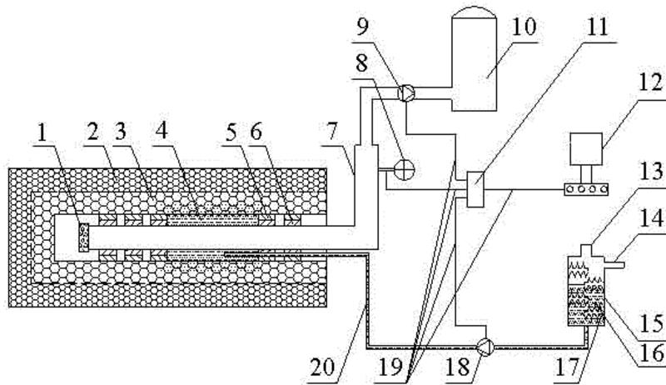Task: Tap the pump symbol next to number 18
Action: pyautogui.click(x=487, y=342)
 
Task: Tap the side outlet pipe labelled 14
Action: pyautogui.click(x=616, y=266)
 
